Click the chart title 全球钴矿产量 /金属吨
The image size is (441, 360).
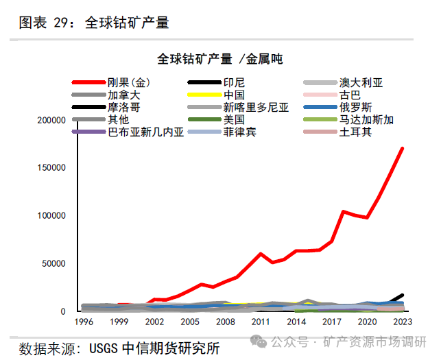pos(219,59)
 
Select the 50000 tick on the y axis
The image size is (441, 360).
pos(55,264)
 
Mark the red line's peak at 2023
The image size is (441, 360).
pos(402,148)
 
